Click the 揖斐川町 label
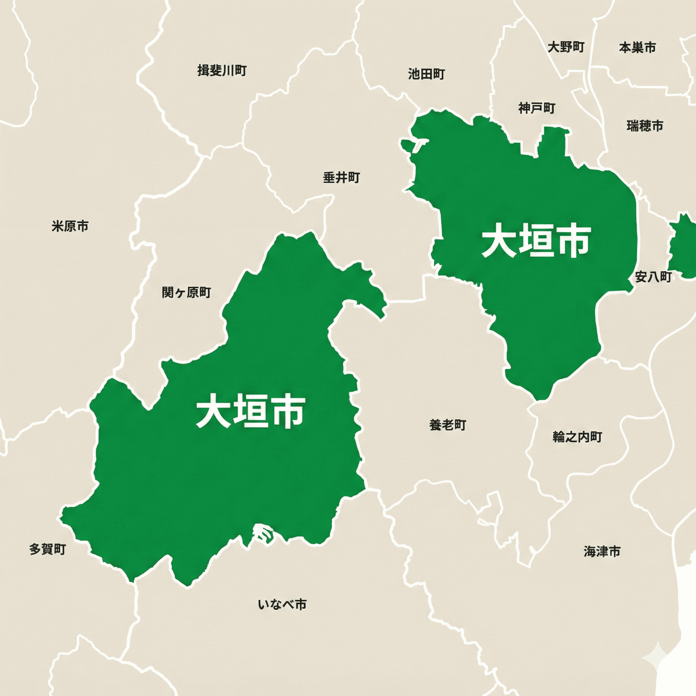[x=222, y=70]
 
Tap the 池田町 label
[x=426, y=74]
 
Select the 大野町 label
[x=565, y=47]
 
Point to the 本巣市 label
[x=637, y=47]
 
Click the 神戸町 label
[x=537, y=108]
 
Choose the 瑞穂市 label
[x=645, y=126]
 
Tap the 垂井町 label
[x=341, y=177]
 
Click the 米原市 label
[x=70, y=226]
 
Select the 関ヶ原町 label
[x=186, y=292]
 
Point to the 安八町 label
[x=653, y=277]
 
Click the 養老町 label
[x=448, y=425]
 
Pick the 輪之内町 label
[x=577, y=437]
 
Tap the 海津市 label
[x=602, y=551]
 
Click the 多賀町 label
[x=48, y=550]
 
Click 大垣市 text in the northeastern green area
[x=536, y=241]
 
